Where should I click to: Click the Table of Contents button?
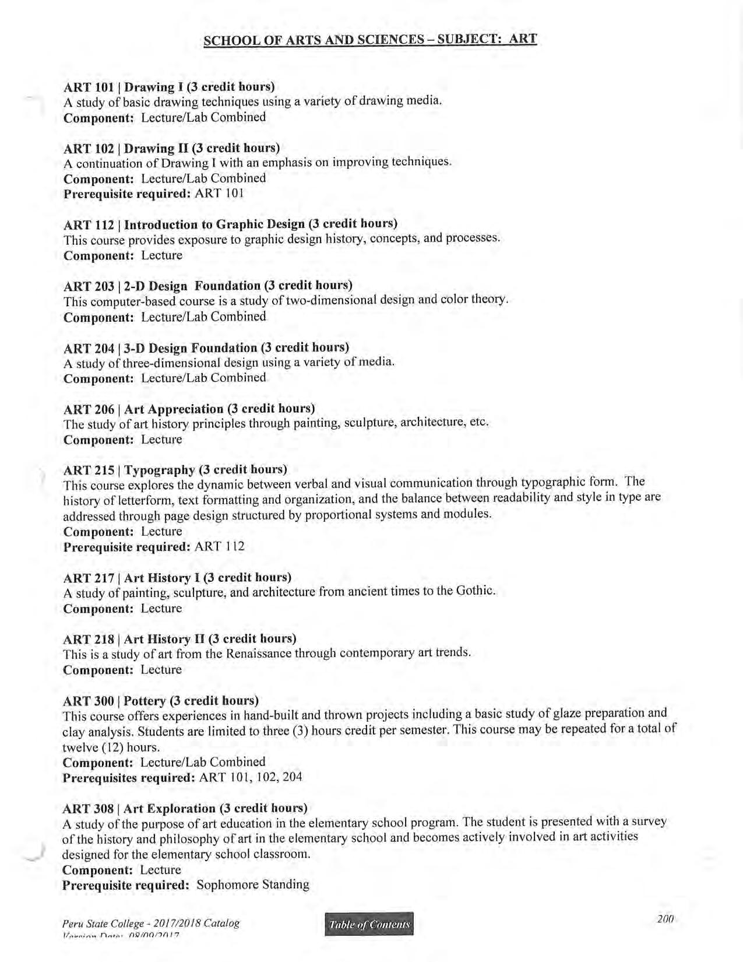point(369,924)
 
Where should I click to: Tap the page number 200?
point(665,919)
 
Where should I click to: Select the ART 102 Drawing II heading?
point(171,148)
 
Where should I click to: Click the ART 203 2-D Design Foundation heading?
point(207,286)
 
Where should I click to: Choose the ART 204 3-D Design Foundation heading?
point(206,348)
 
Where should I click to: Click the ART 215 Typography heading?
point(175,469)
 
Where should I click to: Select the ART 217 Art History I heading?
point(177,578)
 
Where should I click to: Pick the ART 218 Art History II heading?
point(179,639)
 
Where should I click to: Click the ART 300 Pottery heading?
point(160,700)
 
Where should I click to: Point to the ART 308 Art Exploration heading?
point(185,809)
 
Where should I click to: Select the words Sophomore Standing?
point(253,885)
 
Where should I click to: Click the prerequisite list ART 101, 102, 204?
point(251,777)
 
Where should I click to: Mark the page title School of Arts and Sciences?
point(370,40)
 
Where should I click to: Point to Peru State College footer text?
point(150,924)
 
